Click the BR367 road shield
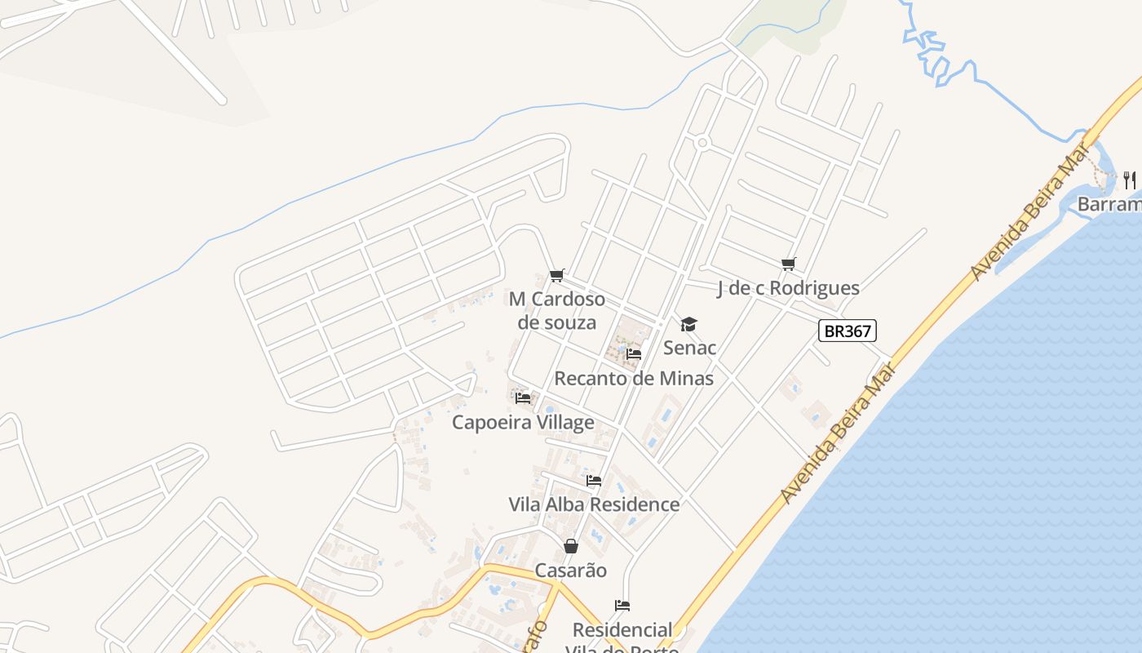(x=848, y=331)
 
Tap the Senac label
(x=689, y=348)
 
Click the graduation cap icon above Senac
(x=689, y=325)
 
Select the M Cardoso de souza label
(x=557, y=310)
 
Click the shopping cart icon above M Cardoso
(x=557, y=276)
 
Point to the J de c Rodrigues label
(x=788, y=288)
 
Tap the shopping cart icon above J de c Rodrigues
(x=788, y=264)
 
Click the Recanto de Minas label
(x=634, y=379)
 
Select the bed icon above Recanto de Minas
(x=634, y=354)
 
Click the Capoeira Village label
(x=523, y=423)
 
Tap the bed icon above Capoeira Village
(x=523, y=398)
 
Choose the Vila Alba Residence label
(x=594, y=504)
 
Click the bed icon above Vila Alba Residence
(x=594, y=481)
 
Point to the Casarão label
(x=571, y=571)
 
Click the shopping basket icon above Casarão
(x=571, y=546)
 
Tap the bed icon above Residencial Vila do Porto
(x=622, y=606)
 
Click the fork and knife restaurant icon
(x=1130, y=179)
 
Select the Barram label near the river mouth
(x=1109, y=204)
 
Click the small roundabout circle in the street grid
(x=702, y=144)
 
